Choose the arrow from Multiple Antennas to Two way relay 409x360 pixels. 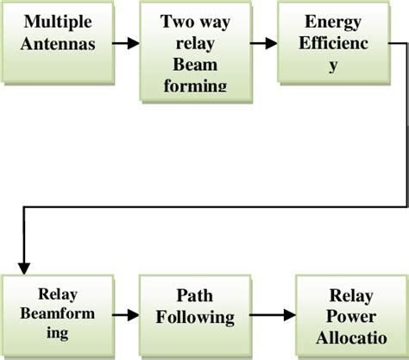[x=125, y=41]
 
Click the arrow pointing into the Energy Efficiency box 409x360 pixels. [x=263, y=41]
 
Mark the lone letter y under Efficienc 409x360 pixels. [x=332, y=66]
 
